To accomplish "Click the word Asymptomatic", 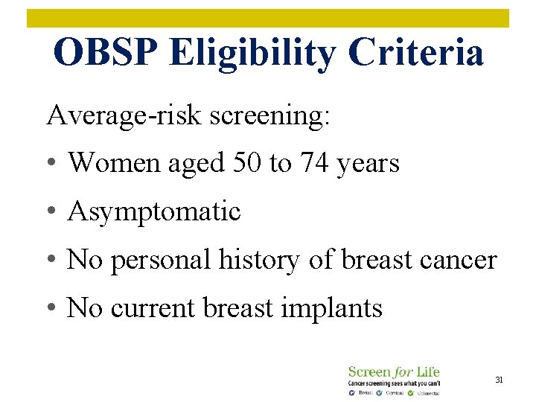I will pyautogui.click(x=154, y=211).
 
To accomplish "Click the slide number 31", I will pyautogui.click(x=500, y=380).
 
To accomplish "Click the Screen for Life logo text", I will pyautogui.click(x=394, y=371).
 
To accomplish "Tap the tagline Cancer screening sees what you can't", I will pyautogui.click(x=394, y=383).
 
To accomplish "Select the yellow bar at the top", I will pyautogui.click(x=268, y=18).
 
